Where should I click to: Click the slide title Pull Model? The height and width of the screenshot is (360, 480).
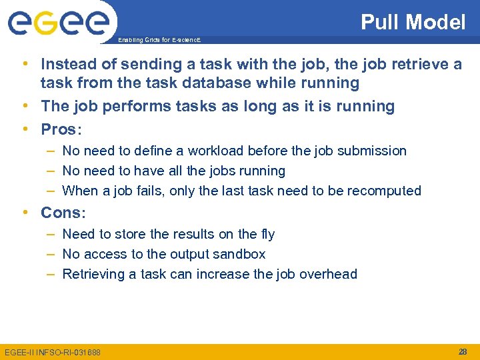click(413, 23)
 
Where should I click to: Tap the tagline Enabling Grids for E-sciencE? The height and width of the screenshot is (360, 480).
click(159, 40)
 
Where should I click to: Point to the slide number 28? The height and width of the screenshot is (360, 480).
click(463, 351)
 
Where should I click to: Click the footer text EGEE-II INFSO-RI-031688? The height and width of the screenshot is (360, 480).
click(53, 351)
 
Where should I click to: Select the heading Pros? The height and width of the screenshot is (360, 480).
click(63, 129)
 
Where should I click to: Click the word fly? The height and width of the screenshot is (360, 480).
click(267, 235)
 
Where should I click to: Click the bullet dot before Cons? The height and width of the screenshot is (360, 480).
click(25, 213)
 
